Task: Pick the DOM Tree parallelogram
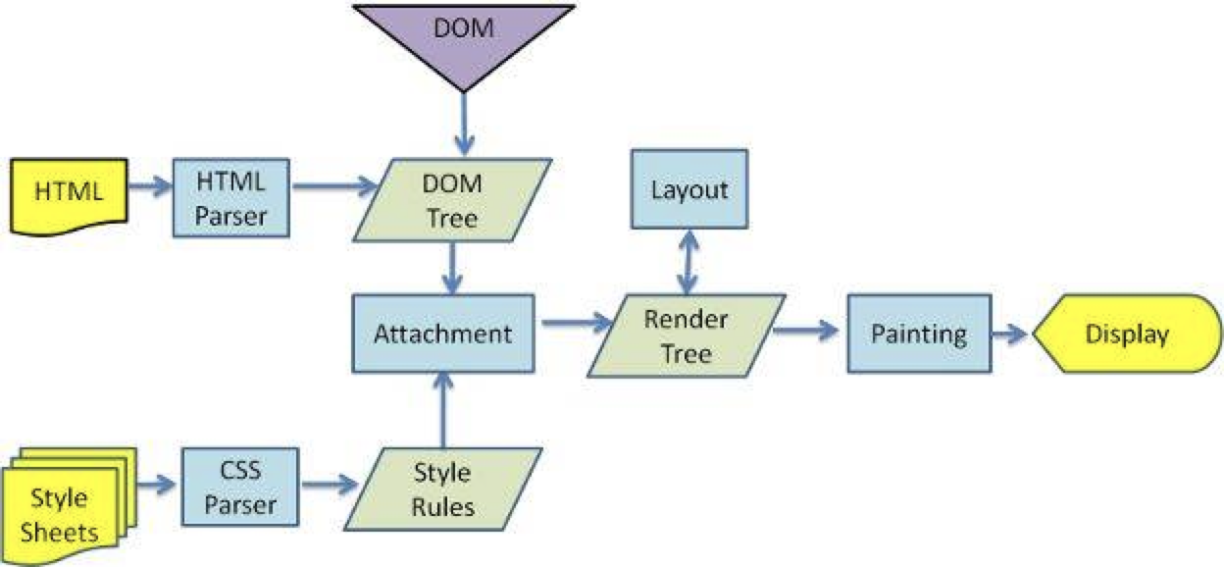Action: (452, 201)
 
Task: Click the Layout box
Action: (688, 189)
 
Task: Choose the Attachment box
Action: (442, 334)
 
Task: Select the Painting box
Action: (918, 335)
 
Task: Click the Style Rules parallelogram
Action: (442, 491)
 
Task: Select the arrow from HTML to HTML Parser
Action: (149, 185)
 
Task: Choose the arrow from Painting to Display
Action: (1008, 335)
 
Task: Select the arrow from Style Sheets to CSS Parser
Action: (157, 483)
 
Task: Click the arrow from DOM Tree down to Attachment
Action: (452, 267)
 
